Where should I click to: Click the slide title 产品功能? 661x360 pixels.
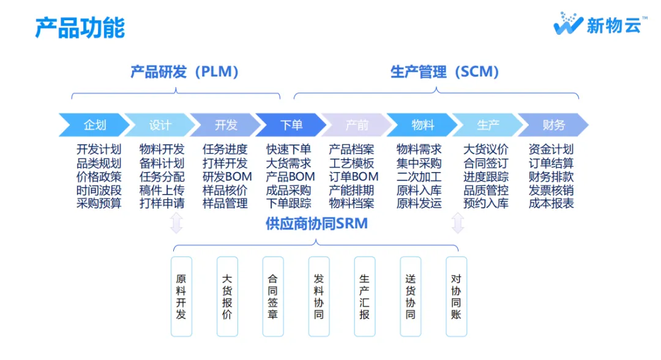[x=80, y=28]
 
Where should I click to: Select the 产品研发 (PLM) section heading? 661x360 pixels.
[x=184, y=72]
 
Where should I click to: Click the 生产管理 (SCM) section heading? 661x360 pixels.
[x=444, y=72]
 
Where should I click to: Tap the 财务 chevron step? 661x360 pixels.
[x=553, y=125]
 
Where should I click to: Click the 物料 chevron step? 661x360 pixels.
[x=422, y=125]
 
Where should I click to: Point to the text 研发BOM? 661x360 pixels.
[x=227, y=176]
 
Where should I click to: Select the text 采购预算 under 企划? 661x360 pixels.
[x=99, y=203]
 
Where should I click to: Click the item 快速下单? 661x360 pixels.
[x=289, y=149]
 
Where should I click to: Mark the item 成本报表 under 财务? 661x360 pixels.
[x=551, y=203]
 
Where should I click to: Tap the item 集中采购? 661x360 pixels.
[x=419, y=163]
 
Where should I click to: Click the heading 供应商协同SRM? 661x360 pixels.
[x=316, y=223]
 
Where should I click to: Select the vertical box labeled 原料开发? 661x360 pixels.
[x=181, y=296]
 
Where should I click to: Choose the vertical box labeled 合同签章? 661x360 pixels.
[x=273, y=296]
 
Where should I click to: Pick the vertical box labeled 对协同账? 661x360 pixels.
[x=456, y=296]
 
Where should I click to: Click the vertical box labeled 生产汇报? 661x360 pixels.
[x=365, y=296]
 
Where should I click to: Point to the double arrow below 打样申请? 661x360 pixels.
[x=176, y=223]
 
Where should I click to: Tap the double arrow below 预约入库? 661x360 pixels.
[x=458, y=223]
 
